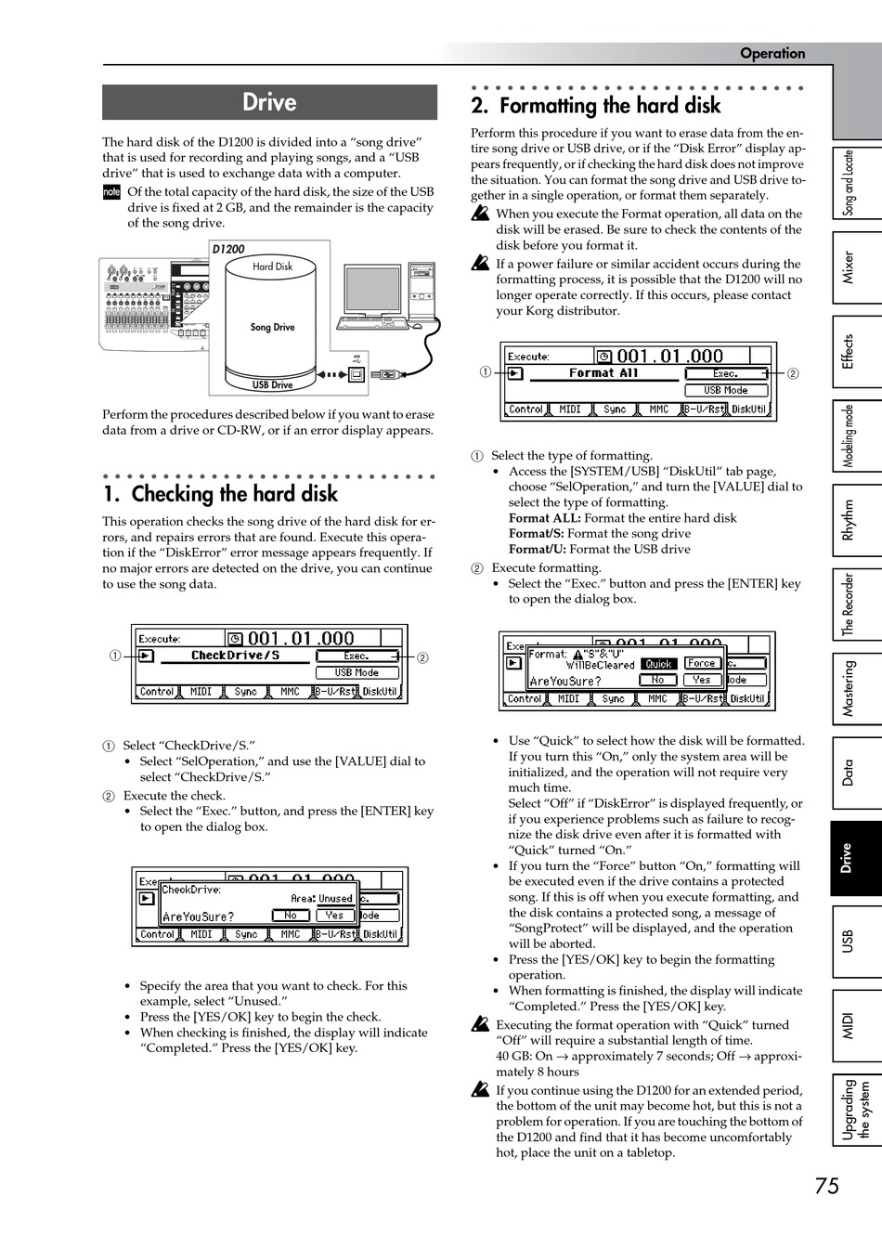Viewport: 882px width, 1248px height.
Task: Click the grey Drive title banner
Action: click(269, 102)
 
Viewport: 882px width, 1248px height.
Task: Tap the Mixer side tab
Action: click(848, 267)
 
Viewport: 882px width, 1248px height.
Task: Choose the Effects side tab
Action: click(848, 352)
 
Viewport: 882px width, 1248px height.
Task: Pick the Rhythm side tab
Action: click(848, 520)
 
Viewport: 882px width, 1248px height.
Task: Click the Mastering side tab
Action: click(848, 689)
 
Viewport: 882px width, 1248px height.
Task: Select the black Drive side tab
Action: click(848, 859)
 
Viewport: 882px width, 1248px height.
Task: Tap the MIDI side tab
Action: click(848, 1025)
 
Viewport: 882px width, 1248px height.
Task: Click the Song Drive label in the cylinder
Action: click(272, 327)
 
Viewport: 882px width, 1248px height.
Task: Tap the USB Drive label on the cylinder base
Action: click(272, 384)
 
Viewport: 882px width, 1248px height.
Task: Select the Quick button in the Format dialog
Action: click(658, 664)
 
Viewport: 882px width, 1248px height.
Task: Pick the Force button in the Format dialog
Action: click(701, 663)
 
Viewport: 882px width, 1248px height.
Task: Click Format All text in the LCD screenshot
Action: click(603, 373)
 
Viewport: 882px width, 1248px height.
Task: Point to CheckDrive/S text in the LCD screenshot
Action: click(235, 656)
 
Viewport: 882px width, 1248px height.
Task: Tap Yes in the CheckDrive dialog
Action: click(334, 915)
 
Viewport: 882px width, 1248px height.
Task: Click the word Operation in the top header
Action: click(772, 53)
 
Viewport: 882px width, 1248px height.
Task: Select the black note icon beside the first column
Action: click(111, 192)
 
